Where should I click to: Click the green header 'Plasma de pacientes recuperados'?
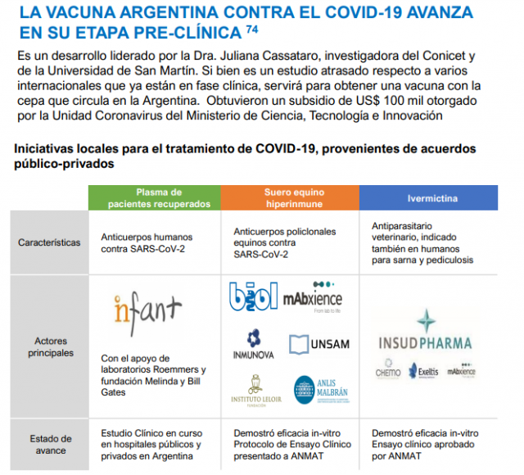(x=155, y=198)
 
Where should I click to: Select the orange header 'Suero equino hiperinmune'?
(x=289, y=198)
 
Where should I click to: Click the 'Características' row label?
(x=49, y=242)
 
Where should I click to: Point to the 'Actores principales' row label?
(x=49, y=347)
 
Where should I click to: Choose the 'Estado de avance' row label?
(x=49, y=445)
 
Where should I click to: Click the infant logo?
(x=147, y=309)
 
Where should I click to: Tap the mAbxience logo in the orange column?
(x=312, y=298)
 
